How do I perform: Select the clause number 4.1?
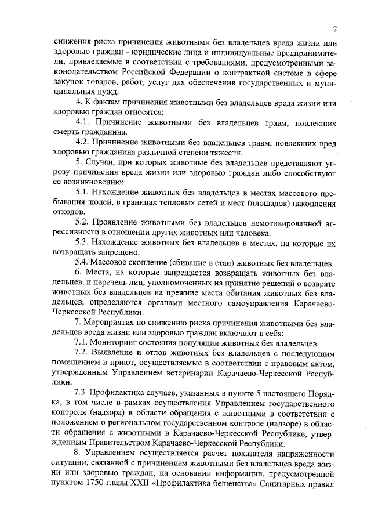click(83, 123)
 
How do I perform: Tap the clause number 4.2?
click(83, 143)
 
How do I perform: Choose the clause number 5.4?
click(83, 263)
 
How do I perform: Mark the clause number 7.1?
click(83, 342)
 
